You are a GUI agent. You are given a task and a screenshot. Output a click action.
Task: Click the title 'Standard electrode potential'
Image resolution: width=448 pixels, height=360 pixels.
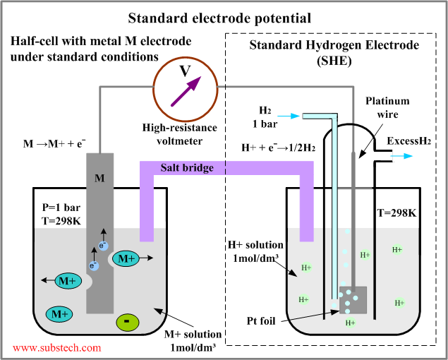[x=224, y=16]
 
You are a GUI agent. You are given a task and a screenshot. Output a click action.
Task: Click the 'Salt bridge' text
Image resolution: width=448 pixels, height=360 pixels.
[x=187, y=168]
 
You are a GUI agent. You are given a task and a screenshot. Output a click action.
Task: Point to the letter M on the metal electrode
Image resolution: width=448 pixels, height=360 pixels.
[x=100, y=178]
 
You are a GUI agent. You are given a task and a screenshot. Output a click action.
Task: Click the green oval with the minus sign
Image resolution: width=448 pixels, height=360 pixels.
[x=127, y=322]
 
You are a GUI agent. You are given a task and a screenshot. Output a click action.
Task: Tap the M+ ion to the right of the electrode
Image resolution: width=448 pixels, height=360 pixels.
[x=127, y=259]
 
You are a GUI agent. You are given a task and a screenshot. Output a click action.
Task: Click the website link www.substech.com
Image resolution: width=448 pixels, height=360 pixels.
[x=57, y=347]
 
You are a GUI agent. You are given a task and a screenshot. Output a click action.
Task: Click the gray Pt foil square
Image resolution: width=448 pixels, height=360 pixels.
[x=353, y=300]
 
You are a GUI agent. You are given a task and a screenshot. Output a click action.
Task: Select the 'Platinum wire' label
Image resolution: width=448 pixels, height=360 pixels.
[x=387, y=107]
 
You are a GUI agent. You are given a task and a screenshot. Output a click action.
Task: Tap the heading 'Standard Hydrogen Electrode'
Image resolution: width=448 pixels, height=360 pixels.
[x=333, y=46]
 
